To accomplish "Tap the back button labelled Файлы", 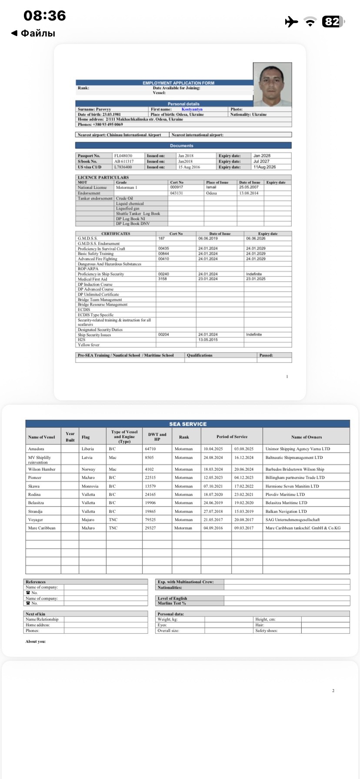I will click(33, 33).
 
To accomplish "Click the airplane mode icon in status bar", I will click(291, 22).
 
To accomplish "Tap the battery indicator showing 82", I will click(333, 22).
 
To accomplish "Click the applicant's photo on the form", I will click(272, 85).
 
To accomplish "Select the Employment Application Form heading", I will click(178, 83).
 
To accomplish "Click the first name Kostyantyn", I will click(192, 110).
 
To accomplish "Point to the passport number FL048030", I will click(123, 156).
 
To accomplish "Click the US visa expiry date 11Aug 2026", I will click(264, 167).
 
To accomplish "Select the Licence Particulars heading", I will click(103, 177).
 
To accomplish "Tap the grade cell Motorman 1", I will click(127, 187).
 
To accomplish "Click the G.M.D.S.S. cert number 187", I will click(161, 239).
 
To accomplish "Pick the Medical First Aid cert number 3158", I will click(162, 279).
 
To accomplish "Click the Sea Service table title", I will click(188, 424).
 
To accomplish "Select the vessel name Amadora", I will click(36, 449).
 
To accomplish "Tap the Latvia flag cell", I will click(87, 458).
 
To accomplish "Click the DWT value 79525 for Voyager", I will click(150, 519).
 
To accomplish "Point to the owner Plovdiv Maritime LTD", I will click(285, 495).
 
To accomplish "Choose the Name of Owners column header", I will click(306, 437).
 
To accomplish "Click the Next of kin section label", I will click(35, 614).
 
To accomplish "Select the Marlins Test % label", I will click(172, 603).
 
